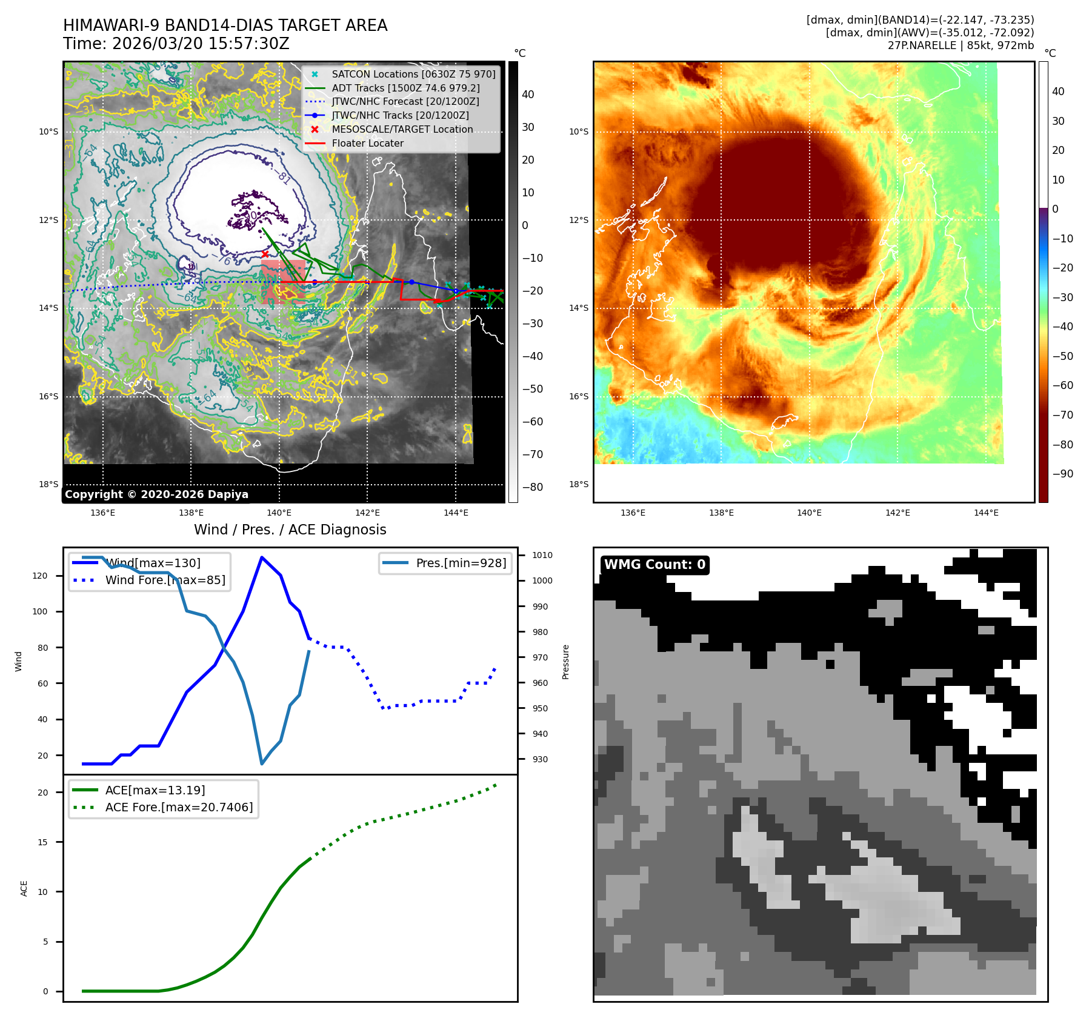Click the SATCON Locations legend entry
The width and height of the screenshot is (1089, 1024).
pyautogui.click(x=413, y=74)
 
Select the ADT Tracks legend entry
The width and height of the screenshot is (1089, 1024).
pyautogui.click(x=405, y=88)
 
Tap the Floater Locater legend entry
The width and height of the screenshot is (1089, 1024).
pyautogui.click(x=367, y=143)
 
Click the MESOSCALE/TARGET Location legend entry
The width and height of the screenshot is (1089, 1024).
pyautogui.click(x=402, y=129)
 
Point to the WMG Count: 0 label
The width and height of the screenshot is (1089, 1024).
pyautogui.click(x=654, y=565)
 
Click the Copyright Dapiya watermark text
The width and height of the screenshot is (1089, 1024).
pyautogui.click(x=156, y=494)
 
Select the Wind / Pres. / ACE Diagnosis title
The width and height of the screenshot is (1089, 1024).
pyautogui.click(x=290, y=530)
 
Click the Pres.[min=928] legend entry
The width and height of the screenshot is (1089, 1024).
pyautogui.click(x=461, y=563)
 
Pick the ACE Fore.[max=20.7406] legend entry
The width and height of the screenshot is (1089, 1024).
pyautogui.click(x=179, y=807)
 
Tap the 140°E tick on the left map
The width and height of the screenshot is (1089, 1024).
pyautogui.click(x=279, y=513)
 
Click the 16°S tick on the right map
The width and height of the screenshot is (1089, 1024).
pyautogui.click(x=578, y=396)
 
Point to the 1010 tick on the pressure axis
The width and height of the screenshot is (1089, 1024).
pyautogui.click(x=542, y=555)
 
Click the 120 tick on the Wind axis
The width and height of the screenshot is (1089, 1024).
pyautogui.click(x=40, y=576)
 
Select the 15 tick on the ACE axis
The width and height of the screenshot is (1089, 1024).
pyautogui.click(x=42, y=842)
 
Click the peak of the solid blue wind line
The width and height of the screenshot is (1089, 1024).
pyautogui.click(x=261, y=557)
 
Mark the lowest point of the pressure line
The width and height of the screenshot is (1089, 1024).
pyautogui.click(x=262, y=763)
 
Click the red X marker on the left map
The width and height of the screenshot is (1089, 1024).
pyautogui.click(x=265, y=254)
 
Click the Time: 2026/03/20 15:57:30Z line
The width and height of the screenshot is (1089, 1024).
pyautogui.click(x=176, y=44)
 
